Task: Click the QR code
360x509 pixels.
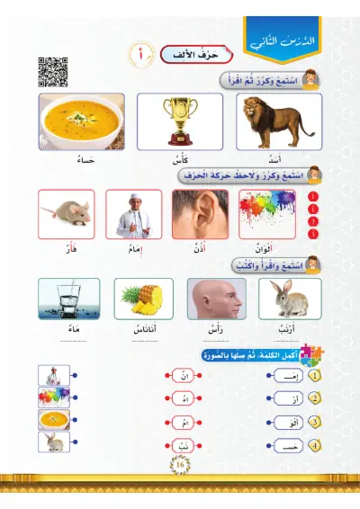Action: (x=50, y=71)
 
